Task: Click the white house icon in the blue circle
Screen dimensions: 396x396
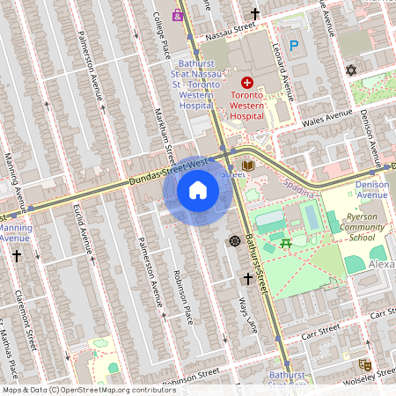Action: (x=198, y=190)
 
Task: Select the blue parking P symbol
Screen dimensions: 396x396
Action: (x=295, y=45)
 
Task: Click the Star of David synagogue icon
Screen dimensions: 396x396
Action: (x=352, y=70)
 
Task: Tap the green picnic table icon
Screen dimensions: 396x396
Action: (x=284, y=243)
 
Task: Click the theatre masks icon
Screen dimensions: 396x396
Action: (x=364, y=364)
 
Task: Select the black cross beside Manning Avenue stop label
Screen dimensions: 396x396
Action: (x=17, y=255)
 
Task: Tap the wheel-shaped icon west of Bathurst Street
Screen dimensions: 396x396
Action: (x=235, y=241)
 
